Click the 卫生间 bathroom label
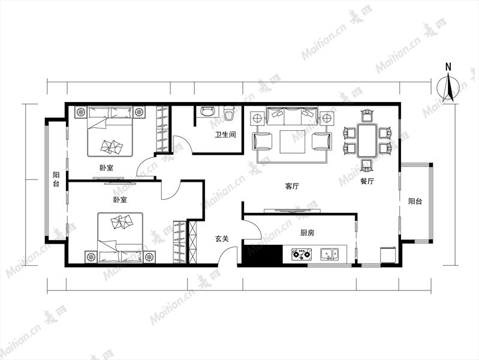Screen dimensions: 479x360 (x=225, y=134)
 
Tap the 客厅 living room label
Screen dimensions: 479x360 (x=292, y=186)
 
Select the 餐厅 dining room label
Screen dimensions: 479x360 (x=367, y=181)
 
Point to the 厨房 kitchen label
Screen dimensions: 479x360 (x=307, y=233)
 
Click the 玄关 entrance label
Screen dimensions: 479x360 (x=222, y=239)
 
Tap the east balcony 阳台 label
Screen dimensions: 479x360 (x=415, y=201)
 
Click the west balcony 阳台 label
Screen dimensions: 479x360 (x=56, y=179)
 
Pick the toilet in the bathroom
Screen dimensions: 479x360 (x=228, y=113)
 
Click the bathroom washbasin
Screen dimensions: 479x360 (x=207, y=112)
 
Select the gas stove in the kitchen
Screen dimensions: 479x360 (x=302, y=254)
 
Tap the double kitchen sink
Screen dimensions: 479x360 (x=329, y=254)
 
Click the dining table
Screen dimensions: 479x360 (x=367, y=140)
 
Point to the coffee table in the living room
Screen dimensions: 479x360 (x=293, y=142)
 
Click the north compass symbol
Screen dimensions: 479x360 (x=448, y=89)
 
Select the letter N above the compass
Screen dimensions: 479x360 (x=448, y=67)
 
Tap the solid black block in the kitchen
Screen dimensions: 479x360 (x=262, y=254)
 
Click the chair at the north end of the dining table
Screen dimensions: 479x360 (x=367, y=116)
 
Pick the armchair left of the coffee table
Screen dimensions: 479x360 (x=263, y=142)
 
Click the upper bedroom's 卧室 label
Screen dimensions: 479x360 (x=106, y=168)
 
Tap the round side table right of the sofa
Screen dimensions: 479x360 (x=327, y=118)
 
